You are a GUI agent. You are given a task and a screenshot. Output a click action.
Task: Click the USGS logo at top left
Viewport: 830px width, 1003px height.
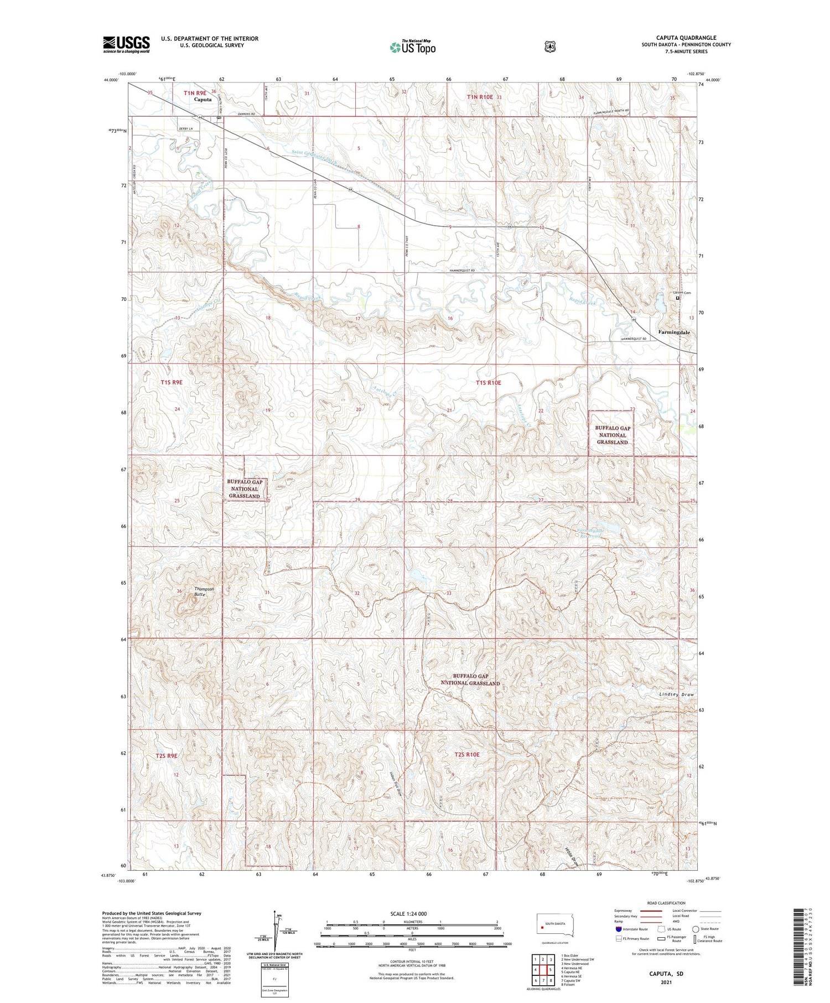click(126, 45)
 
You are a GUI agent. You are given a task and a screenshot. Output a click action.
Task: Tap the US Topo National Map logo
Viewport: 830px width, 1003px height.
click(413, 47)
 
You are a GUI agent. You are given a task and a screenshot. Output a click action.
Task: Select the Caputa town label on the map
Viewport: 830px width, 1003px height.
click(203, 100)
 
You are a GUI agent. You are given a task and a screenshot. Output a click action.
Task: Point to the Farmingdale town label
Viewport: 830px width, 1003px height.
click(674, 332)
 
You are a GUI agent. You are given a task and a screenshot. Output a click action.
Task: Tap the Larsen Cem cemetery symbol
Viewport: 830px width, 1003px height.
click(677, 298)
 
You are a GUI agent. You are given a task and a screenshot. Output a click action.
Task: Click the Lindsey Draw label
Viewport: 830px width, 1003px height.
click(676, 694)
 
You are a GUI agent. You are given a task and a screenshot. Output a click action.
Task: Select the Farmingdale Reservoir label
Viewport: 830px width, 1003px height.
click(589, 533)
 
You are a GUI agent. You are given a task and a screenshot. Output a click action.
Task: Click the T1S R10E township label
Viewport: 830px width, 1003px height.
click(489, 383)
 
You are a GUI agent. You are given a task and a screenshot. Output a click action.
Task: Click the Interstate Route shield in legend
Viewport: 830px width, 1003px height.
click(619, 929)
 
